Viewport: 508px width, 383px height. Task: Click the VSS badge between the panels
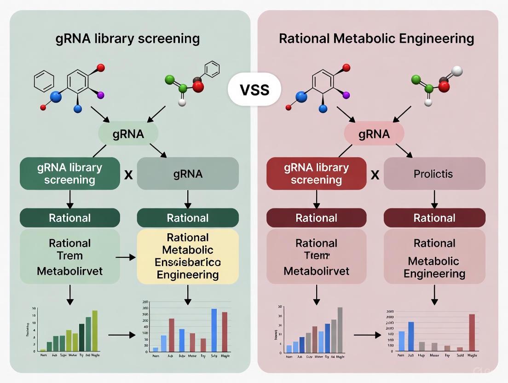pyautogui.click(x=254, y=89)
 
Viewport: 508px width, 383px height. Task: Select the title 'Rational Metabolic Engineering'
pyautogui.click(x=376, y=38)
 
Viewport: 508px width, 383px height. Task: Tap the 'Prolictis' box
pyautogui.click(x=434, y=174)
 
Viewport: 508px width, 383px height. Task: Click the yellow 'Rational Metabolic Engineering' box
pyautogui.click(x=187, y=256)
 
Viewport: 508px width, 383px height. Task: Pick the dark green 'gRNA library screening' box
pyautogui.click(x=69, y=174)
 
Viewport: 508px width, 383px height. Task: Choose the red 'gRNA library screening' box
pyautogui.click(x=316, y=174)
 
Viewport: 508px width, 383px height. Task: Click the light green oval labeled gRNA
pyautogui.click(x=128, y=134)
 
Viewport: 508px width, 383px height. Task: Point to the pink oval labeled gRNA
pyautogui.click(x=374, y=134)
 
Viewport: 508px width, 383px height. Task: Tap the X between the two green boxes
pyautogui.click(x=129, y=175)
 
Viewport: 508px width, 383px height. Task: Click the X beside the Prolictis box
pyautogui.click(x=375, y=175)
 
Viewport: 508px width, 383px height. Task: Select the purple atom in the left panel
pyautogui.click(x=101, y=95)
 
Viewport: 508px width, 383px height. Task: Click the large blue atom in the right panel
pyautogui.click(x=301, y=97)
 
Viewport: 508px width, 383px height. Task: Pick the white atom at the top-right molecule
pyautogui.click(x=457, y=71)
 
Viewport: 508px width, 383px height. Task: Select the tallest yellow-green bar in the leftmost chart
pyautogui.click(x=95, y=331)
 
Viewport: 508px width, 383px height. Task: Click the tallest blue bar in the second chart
pyautogui.click(x=214, y=330)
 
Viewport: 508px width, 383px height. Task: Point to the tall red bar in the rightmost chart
pyautogui.click(x=472, y=332)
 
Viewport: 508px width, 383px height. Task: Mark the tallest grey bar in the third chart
pyautogui.click(x=340, y=330)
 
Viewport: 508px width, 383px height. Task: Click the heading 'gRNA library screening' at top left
pyautogui.click(x=127, y=38)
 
